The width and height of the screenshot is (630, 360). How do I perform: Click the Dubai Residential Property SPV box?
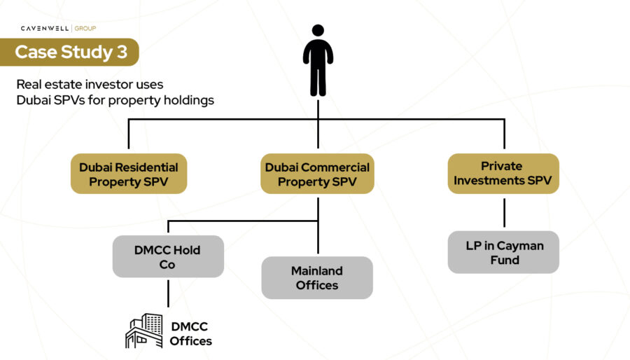[128, 174]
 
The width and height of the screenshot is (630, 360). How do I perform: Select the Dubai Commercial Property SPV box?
[317, 174]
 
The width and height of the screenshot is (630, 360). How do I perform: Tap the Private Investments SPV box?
[503, 174]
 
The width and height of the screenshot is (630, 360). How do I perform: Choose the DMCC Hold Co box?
[168, 256]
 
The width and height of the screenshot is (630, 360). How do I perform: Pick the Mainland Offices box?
[316, 278]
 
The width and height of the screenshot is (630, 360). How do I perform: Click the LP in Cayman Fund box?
[503, 252]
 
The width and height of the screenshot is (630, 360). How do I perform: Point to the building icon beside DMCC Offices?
[143, 331]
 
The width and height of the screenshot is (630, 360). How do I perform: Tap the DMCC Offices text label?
[190, 334]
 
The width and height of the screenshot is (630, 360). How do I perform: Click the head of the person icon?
[318, 31]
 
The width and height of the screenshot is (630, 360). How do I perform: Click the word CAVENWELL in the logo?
[44, 29]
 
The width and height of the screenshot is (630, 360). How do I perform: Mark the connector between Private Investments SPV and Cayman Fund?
[503, 213]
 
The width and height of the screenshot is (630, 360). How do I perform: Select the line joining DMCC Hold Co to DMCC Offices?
[168, 293]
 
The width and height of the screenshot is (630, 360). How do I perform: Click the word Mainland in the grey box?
[316, 270]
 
